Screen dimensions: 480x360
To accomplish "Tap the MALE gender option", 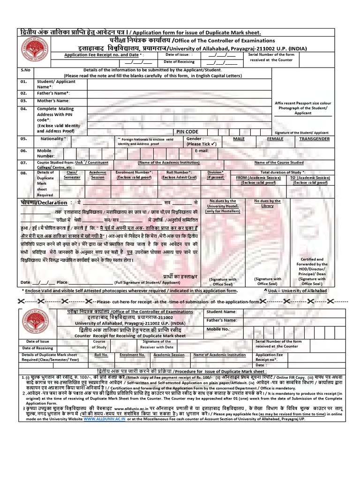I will [x=239, y=139].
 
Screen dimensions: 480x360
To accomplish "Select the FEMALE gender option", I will [x=275, y=139].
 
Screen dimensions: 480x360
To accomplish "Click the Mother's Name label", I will [x=53, y=101].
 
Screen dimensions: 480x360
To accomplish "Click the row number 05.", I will [x=24, y=139].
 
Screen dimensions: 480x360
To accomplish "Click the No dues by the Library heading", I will [x=268, y=203].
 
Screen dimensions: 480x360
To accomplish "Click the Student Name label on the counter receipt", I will [x=222, y=312].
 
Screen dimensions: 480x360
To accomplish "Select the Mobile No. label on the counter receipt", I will [x=218, y=329].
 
